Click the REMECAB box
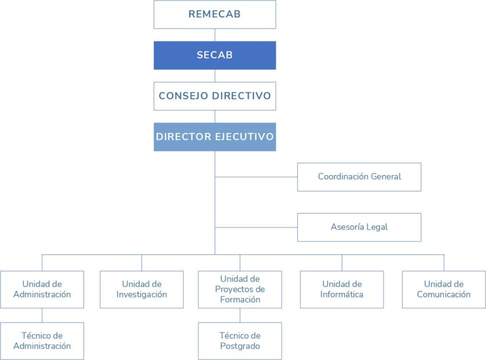(214, 14)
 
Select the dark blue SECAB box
(214, 55)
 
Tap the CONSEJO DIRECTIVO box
(214, 95)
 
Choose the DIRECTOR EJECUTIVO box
(214, 136)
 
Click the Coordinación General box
(359, 176)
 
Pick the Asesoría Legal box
(359, 227)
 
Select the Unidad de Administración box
(42, 289)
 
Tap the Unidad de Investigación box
(142, 289)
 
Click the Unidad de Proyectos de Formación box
(240, 289)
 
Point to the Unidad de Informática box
(342, 289)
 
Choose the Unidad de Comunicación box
(443, 289)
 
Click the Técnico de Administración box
(42, 340)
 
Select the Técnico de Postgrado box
(240, 340)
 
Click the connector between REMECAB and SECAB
(215, 34)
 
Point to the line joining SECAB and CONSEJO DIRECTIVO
(215, 75)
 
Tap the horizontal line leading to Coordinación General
(256, 176)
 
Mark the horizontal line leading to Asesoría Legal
(256, 227)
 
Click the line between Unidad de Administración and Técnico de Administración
(42, 314)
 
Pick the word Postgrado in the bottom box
(240, 346)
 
